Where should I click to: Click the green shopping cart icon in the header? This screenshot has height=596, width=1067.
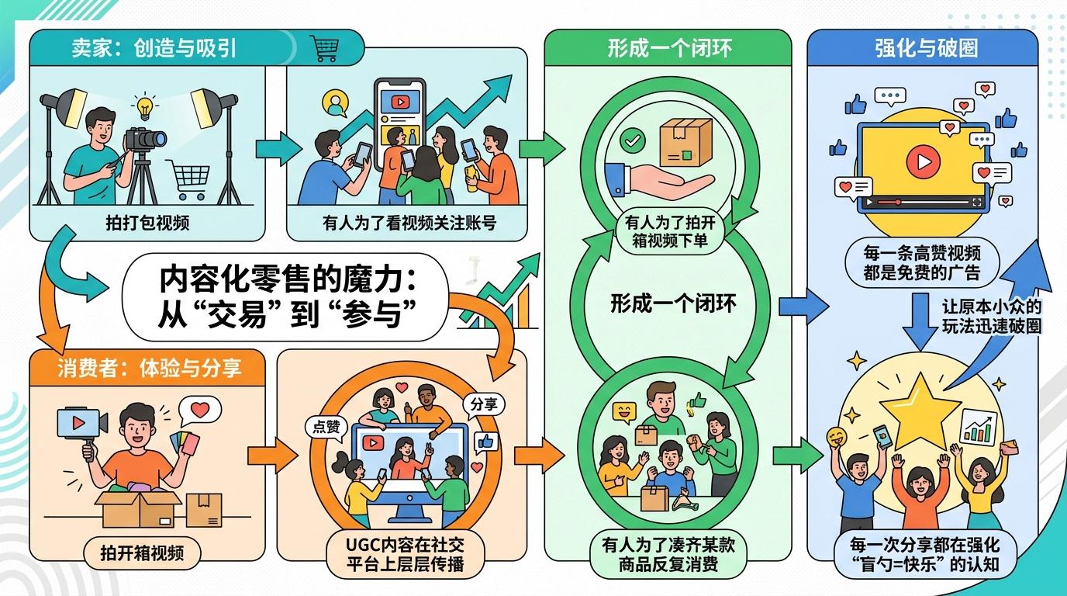click(x=323, y=48)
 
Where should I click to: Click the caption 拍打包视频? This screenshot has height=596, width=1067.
click(x=147, y=224)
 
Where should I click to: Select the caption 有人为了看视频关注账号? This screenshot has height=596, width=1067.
click(x=409, y=224)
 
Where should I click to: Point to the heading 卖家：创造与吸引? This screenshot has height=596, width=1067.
click(x=154, y=48)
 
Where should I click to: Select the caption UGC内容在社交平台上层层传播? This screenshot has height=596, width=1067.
click(x=406, y=553)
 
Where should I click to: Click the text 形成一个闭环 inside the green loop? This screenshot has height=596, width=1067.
click(x=672, y=303)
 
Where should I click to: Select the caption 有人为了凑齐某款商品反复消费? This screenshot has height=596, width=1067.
click(x=668, y=553)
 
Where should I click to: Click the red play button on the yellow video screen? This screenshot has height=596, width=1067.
click(x=921, y=161)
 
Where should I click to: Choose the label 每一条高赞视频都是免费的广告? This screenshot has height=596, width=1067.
click(x=922, y=262)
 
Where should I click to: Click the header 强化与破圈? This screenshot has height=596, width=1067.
click(x=921, y=48)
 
